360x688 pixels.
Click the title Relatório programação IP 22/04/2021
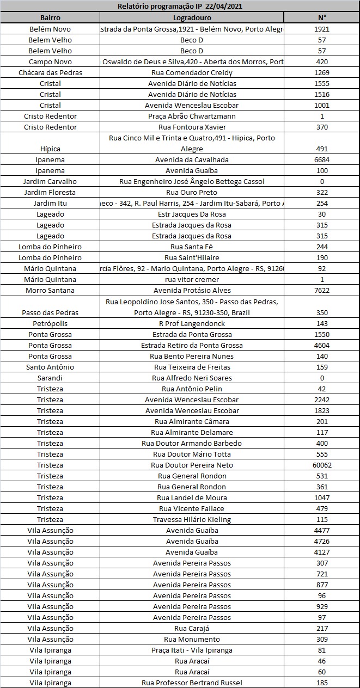(180, 6)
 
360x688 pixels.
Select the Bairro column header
(50, 17)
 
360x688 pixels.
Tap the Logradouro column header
(192, 17)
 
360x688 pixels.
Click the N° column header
(322, 17)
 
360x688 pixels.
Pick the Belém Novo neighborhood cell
(50, 29)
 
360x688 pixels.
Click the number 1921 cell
(322, 29)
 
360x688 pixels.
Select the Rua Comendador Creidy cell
(192, 72)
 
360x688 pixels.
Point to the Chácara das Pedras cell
(50, 72)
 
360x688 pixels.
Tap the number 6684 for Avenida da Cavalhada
(322, 159)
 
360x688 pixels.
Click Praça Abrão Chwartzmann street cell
(192, 116)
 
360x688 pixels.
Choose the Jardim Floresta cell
(50, 192)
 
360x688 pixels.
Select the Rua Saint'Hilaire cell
(192, 257)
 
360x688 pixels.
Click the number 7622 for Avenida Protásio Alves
(322, 290)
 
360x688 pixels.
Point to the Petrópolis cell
(50, 323)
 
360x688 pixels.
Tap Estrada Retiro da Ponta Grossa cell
(192, 345)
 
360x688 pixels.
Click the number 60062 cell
(322, 465)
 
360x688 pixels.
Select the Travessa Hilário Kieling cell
(192, 519)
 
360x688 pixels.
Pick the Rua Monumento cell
(192, 639)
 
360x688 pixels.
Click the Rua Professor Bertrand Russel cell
(192, 683)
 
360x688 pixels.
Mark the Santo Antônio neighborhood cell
(50, 367)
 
